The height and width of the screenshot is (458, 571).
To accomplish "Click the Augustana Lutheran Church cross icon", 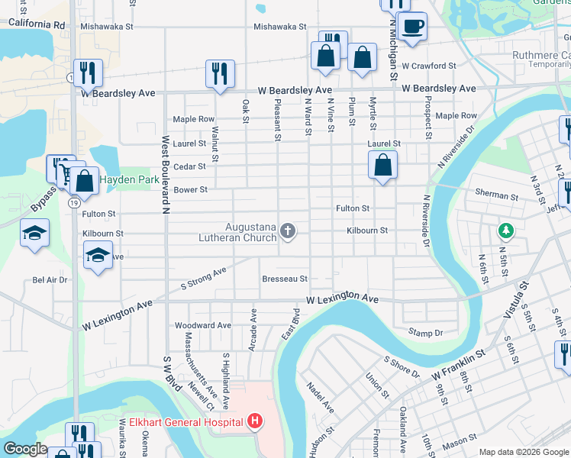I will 288,230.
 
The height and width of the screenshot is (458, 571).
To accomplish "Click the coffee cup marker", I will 413,26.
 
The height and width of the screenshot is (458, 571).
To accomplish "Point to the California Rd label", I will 37,24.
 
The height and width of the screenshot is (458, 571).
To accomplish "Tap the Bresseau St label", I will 284,279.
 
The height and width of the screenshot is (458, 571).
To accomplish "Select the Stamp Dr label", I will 425,333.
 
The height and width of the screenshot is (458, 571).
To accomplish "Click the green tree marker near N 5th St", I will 504,230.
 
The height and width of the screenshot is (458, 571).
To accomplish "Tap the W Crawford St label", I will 429,66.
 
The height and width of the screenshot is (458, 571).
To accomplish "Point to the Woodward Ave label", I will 203,325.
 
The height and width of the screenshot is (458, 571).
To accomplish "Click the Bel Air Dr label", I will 50,280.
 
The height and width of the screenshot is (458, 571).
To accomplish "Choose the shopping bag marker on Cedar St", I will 382,165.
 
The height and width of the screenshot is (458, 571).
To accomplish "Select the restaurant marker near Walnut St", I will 220,73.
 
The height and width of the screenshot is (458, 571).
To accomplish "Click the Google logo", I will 25,448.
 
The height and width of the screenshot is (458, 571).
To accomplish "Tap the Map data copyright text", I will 524,452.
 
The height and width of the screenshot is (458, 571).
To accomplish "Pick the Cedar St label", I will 191,166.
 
